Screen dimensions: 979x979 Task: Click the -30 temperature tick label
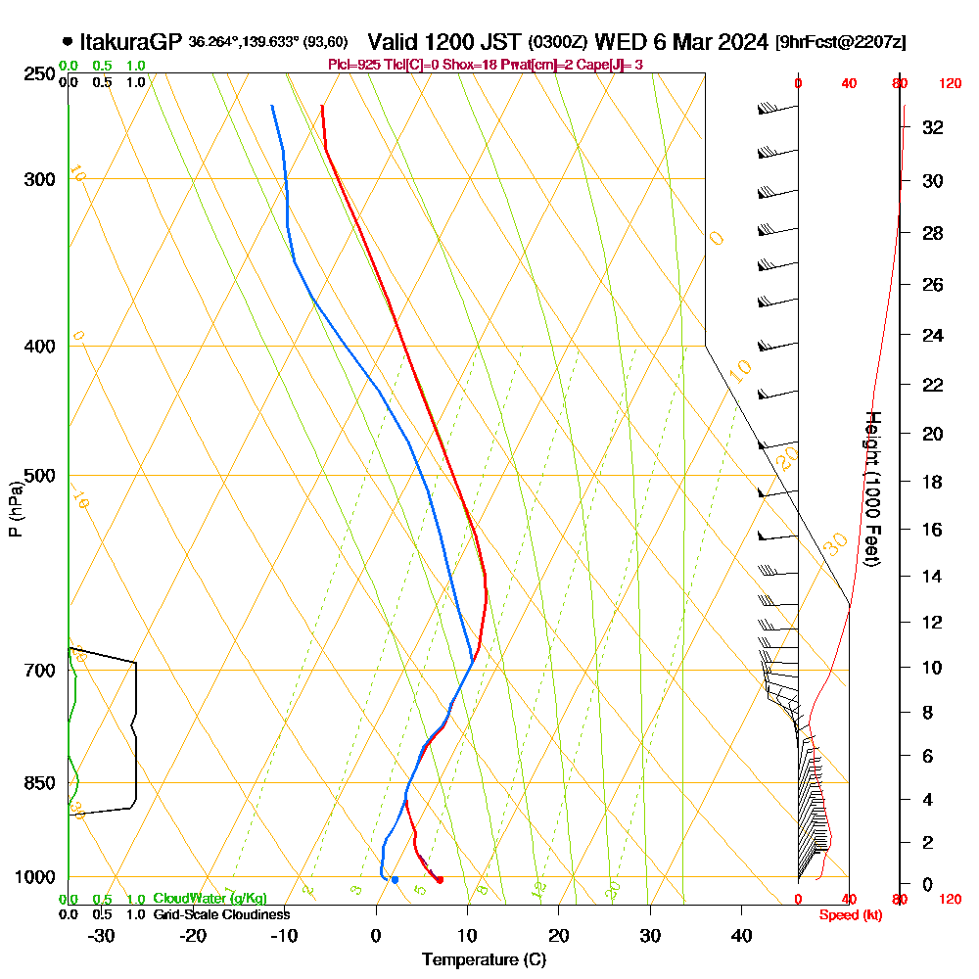pyautogui.click(x=101, y=935)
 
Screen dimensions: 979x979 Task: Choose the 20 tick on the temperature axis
pyautogui.click(x=559, y=935)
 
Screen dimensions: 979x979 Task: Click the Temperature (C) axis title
pyautogui.click(x=484, y=959)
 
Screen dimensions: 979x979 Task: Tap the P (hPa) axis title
pyautogui.click(x=15, y=508)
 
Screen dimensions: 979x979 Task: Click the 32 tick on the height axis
pyautogui.click(x=933, y=127)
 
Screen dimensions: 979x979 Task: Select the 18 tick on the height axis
pyautogui.click(x=933, y=482)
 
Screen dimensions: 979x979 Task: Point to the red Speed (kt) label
pyautogui.click(x=848, y=914)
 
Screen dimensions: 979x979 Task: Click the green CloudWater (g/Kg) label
pyautogui.click(x=210, y=899)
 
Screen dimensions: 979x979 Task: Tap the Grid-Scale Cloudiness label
pyautogui.click(x=221, y=914)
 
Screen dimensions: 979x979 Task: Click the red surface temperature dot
pyautogui.click(x=440, y=880)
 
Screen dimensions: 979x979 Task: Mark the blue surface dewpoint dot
pyautogui.click(x=395, y=880)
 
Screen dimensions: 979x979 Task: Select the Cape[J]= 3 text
pyautogui.click(x=611, y=65)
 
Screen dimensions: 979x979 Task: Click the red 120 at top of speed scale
pyautogui.click(x=949, y=83)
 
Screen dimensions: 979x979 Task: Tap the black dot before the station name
pyautogui.click(x=67, y=42)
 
